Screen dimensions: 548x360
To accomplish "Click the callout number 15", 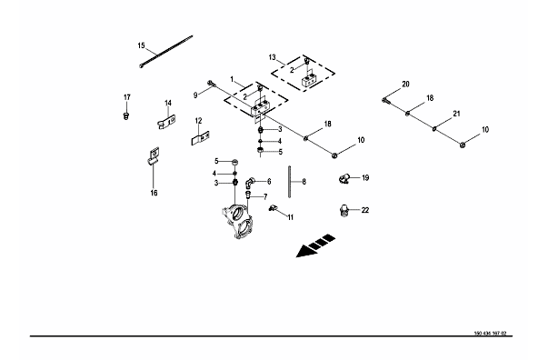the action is [141, 45].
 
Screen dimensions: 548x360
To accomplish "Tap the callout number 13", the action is [273, 57].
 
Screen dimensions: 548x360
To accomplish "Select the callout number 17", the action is [127, 97].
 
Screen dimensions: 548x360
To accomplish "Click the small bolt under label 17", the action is [126, 115].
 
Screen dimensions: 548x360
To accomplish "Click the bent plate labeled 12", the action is [200, 138].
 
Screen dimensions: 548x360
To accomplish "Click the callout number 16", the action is [154, 193].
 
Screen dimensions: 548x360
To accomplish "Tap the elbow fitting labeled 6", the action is [250, 182].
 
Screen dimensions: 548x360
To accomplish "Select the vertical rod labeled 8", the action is [290, 182].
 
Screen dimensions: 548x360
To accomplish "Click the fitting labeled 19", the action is [344, 178].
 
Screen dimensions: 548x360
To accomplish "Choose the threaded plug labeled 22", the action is [344, 211].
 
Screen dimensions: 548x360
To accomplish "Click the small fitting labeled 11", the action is [273, 208].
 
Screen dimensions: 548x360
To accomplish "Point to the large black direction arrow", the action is [315, 246].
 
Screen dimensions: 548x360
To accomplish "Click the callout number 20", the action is [405, 85].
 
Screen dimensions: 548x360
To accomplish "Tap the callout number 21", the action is [456, 114].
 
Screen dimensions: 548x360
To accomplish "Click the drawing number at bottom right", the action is [490, 334].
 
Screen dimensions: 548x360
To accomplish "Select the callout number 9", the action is [195, 95].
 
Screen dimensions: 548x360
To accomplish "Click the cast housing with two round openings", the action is [237, 221].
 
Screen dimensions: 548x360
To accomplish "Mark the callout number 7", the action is [265, 197].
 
